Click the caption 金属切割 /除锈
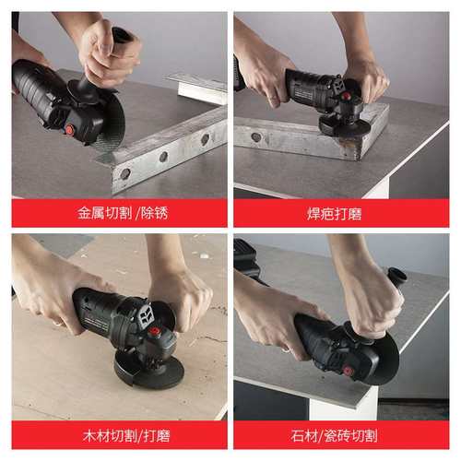pyautogui.click(x=119, y=212)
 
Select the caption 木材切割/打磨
pyautogui.click(x=119, y=434)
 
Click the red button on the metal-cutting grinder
pyautogui.click(x=69, y=130)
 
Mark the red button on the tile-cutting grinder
pyautogui.click(x=349, y=370)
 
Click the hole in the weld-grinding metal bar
pyautogui.click(x=255, y=138)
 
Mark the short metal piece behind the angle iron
pyautogui.click(x=197, y=87)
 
